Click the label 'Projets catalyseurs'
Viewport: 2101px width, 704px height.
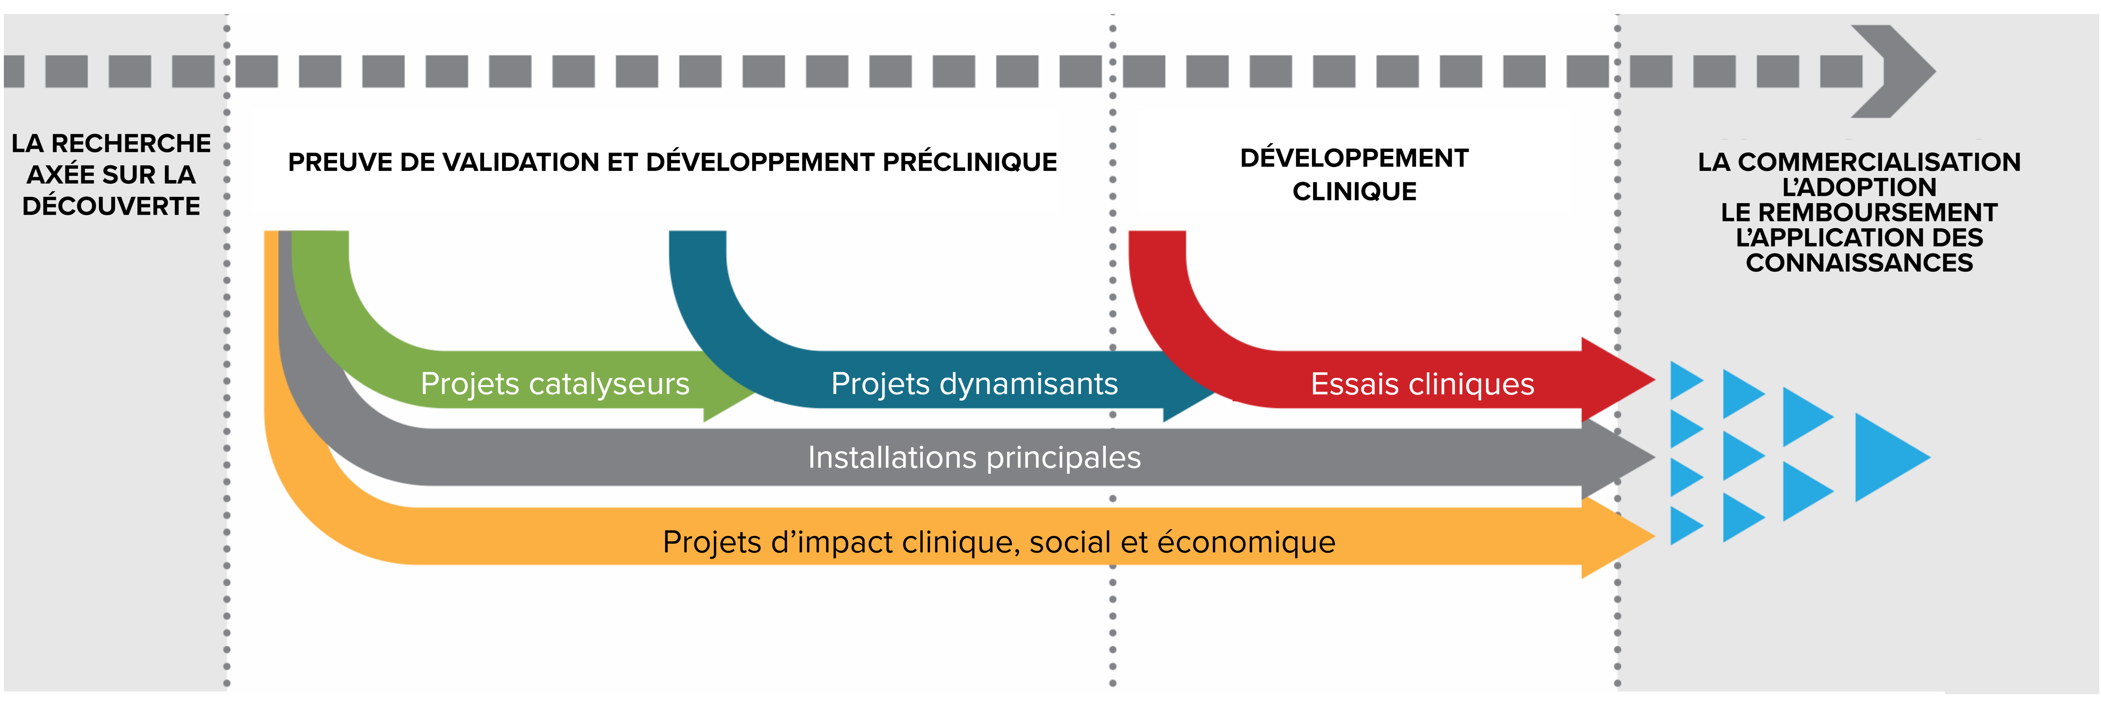[555, 384]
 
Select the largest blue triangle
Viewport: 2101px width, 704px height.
[1888, 457]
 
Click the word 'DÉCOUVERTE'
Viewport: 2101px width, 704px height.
[111, 206]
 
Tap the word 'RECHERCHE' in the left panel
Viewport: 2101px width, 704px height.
[131, 144]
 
